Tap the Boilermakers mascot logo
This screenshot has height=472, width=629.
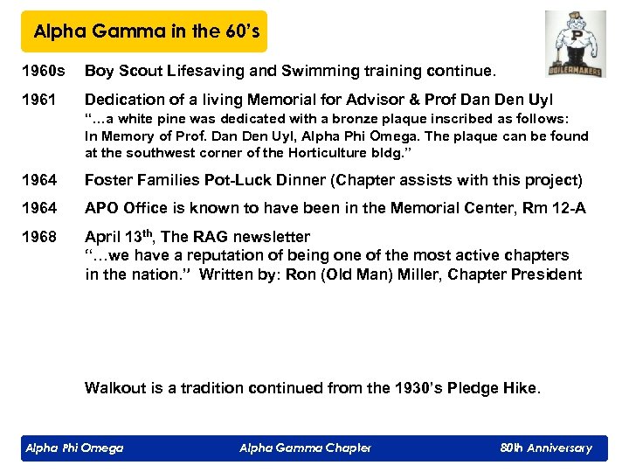(x=576, y=44)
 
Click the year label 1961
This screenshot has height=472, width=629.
(x=38, y=100)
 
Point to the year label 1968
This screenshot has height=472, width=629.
(x=38, y=236)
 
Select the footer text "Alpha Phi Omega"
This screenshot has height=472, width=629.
(x=74, y=448)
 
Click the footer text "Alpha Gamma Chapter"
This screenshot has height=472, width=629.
(x=305, y=448)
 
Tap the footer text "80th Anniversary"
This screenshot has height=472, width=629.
(x=546, y=448)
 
